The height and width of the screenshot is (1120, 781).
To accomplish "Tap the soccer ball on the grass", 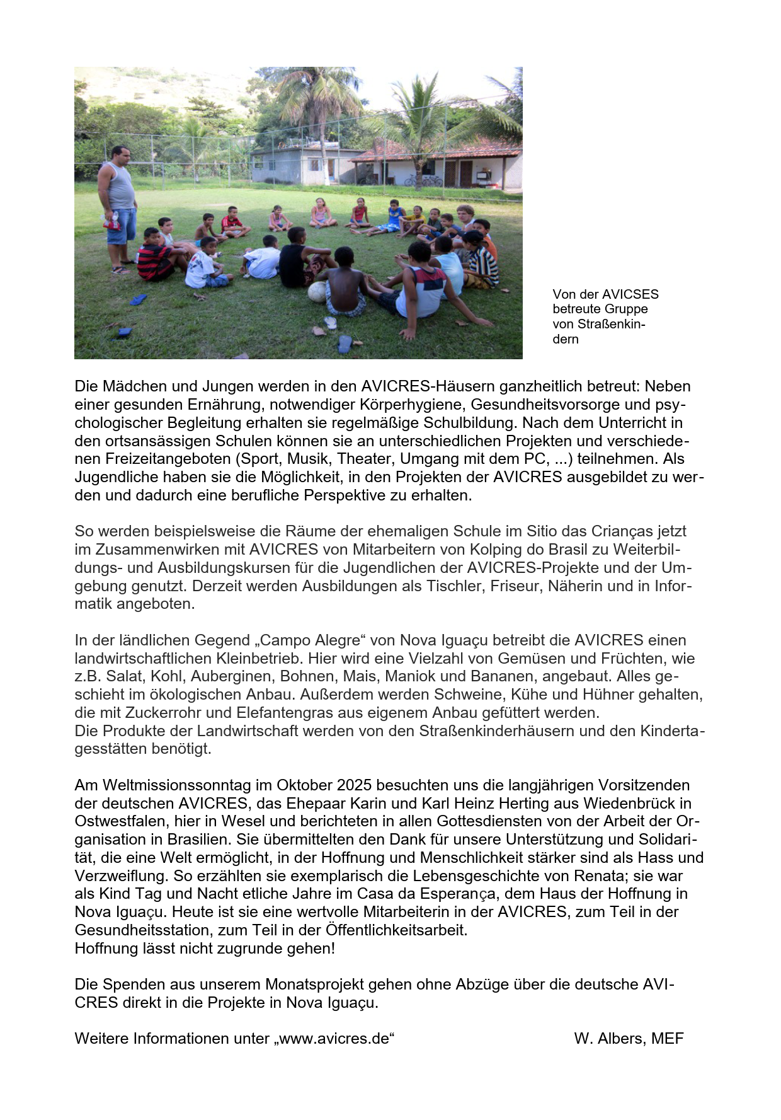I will coord(317,291).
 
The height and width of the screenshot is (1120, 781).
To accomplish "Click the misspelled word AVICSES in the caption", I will coord(631,294).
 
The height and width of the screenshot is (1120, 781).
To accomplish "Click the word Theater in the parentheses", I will coord(369,458).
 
